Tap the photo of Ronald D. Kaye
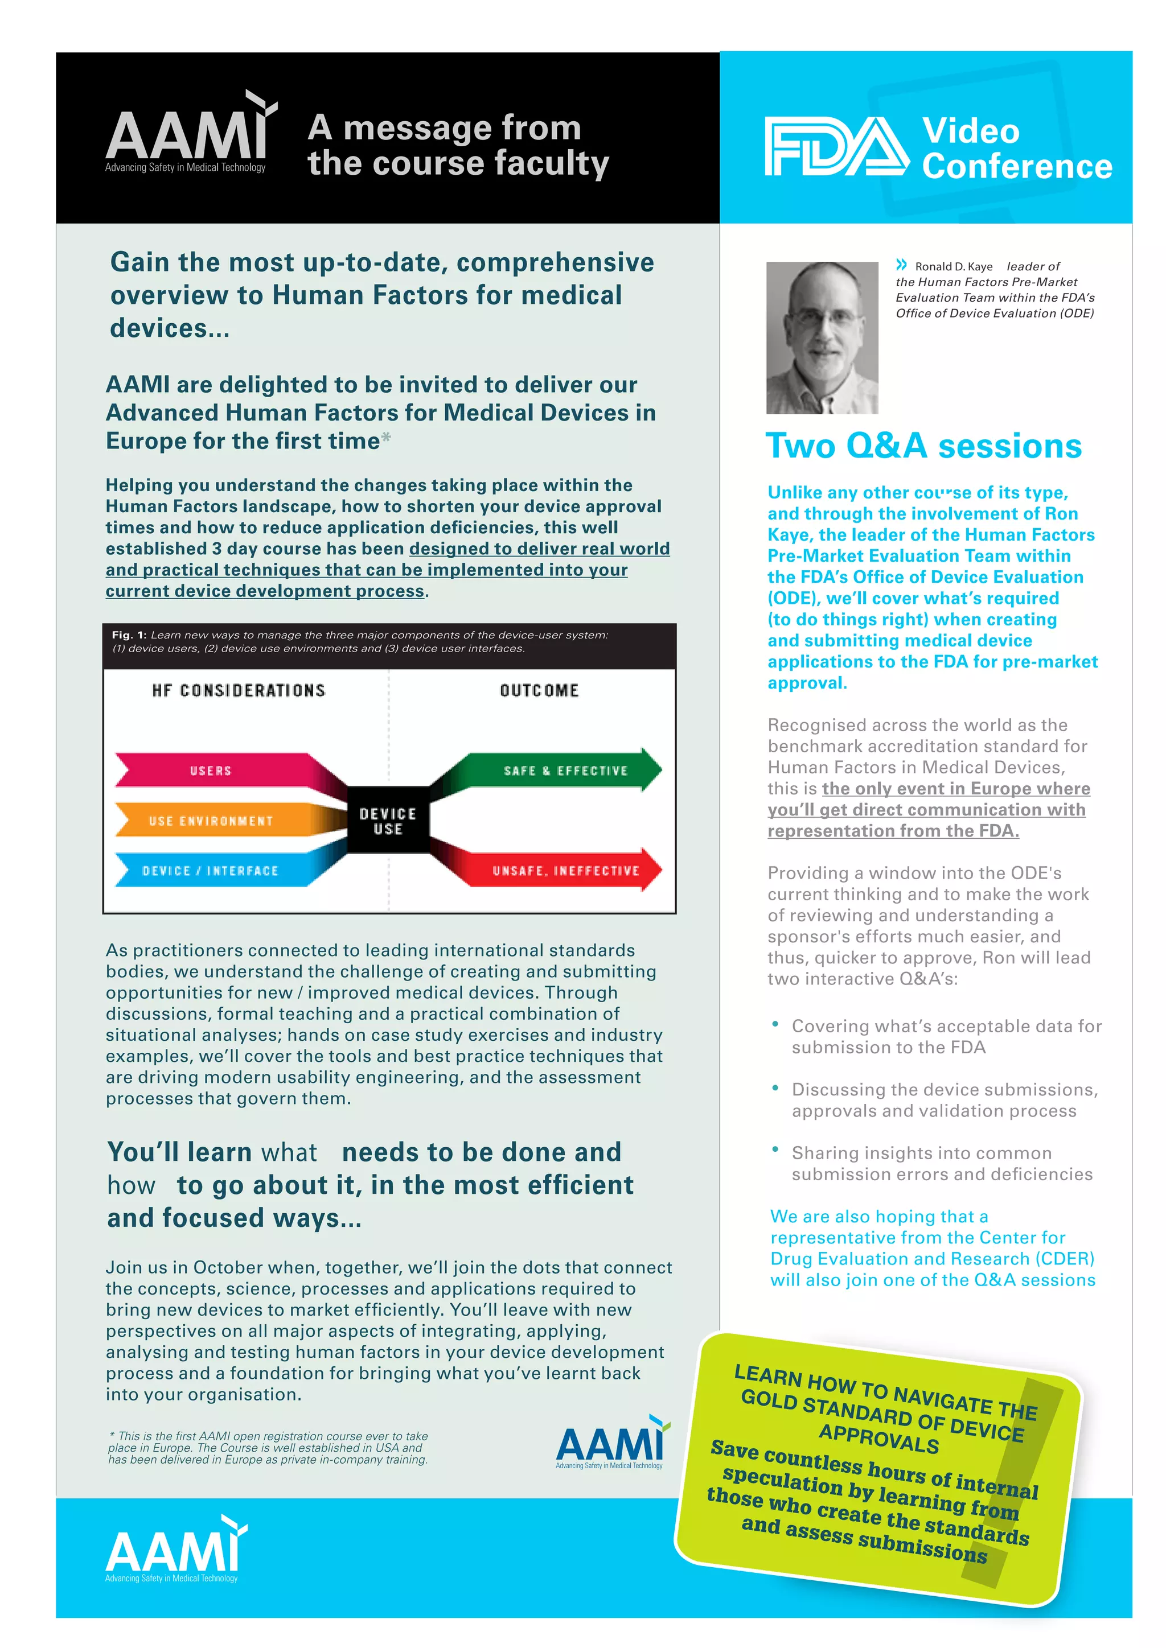click(x=822, y=337)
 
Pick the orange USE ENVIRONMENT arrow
click(x=212, y=821)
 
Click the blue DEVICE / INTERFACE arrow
click(x=212, y=870)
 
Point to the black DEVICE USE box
click(x=388, y=821)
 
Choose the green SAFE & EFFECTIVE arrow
click(x=564, y=770)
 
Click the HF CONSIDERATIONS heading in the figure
click(x=239, y=690)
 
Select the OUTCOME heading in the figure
click(x=539, y=690)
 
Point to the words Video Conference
click(x=1015, y=149)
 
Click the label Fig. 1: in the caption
click(x=129, y=635)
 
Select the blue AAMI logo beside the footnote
click(x=610, y=1443)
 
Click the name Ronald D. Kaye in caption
click(x=954, y=266)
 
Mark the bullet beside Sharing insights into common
click(x=775, y=1149)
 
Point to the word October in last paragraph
click(x=225, y=1267)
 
